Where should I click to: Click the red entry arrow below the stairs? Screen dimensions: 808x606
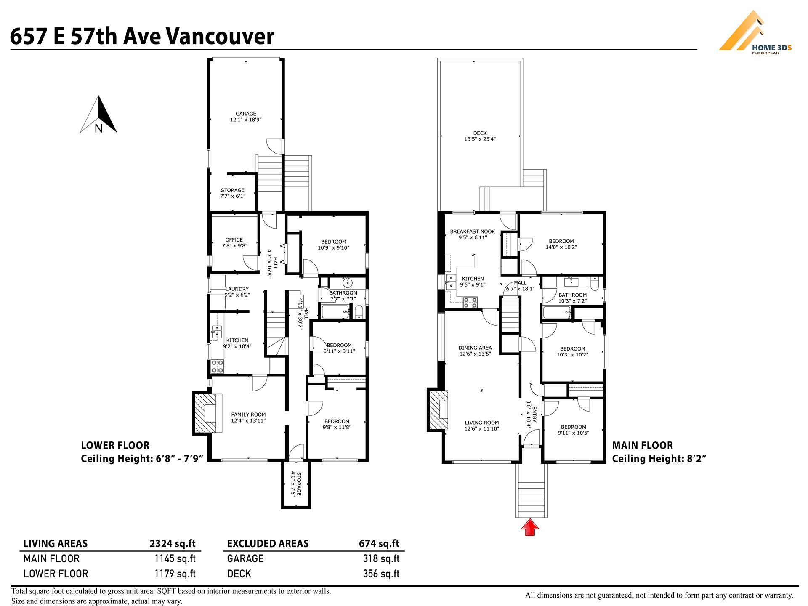[x=530, y=527]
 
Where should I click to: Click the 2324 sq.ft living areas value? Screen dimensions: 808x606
[x=173, y=544]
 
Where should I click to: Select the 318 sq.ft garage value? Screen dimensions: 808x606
[x=381, y=559]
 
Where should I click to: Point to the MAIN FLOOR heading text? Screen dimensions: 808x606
[x=642, y=445]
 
